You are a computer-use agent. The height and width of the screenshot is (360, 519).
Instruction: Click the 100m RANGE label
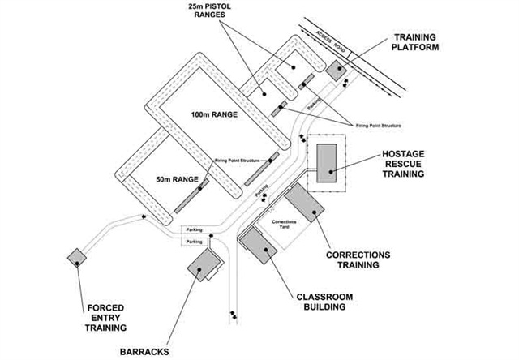214,115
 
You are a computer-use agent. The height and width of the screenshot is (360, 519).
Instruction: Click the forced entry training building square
75,255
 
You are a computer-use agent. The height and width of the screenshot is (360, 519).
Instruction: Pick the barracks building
203,264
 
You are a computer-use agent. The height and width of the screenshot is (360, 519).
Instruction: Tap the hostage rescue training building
327,161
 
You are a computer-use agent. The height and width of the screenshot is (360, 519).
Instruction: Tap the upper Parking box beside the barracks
194,230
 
